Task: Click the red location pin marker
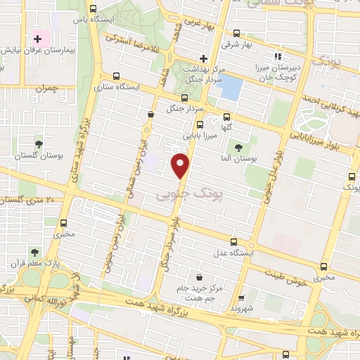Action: click(181, 165)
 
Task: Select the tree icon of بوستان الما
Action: click(239, 148)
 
